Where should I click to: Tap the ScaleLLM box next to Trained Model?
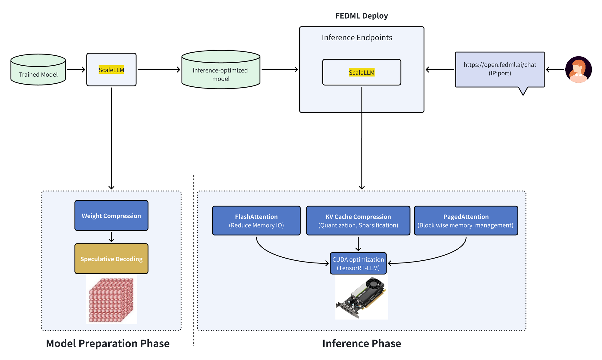(111, 70)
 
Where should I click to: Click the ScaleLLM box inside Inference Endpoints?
(362, 73)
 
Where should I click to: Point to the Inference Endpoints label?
(357, 38)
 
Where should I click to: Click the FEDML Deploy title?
(362, 16)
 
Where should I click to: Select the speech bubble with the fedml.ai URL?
(500, 70)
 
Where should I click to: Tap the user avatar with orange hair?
(578, 70)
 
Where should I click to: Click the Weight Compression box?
(111, 216)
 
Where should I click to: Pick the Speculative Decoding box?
(111, 259)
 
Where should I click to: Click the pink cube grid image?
(111, 300)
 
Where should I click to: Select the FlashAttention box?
(256, 221)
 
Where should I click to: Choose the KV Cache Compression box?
(358, 221)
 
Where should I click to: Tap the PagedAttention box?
(466, 221)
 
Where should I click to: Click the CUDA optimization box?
(358, 264)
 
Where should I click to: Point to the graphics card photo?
(362, 297)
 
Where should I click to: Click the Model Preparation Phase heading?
(108, 344)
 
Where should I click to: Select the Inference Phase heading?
(362, 344)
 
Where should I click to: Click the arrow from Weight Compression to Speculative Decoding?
(111, 237)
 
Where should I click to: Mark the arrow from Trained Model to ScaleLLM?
(76, 70)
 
